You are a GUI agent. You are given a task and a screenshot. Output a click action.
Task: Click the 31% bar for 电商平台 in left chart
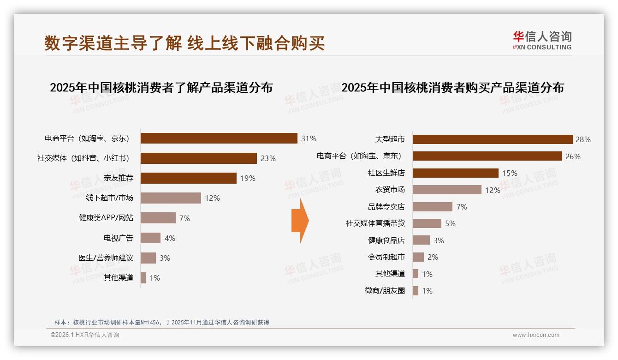tap(219, 138)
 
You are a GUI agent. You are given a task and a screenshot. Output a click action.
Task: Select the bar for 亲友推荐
tap(188, 178)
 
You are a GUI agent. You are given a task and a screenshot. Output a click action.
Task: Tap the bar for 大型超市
tap(493, 139)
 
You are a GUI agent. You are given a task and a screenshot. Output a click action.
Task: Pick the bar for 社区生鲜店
tap(455, 173)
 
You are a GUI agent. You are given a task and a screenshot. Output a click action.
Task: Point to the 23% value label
tap(268, 158)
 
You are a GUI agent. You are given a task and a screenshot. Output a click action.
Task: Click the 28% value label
tap(583, 139)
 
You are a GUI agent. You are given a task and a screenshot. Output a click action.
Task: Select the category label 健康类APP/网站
tap(106, 218)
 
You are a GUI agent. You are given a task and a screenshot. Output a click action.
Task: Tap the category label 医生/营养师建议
tap(106, 258)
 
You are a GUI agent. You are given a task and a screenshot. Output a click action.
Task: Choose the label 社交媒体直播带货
tap(375, 223)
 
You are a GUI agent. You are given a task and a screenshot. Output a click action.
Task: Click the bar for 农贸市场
tap(446, 190)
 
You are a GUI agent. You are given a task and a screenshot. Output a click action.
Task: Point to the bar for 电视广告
tap(150, 238)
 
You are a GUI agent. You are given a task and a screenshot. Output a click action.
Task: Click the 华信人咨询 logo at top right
tap(542, 41)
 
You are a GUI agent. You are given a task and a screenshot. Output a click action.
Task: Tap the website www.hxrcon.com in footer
tap(536, 335)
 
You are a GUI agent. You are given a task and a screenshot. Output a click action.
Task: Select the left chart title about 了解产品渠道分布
tap(161, 87)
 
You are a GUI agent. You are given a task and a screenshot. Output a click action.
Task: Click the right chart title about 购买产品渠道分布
tap(452, 87)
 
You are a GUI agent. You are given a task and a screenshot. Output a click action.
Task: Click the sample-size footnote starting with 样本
tap(161, 323)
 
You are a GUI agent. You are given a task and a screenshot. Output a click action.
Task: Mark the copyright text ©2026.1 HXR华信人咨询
tap(85, 335)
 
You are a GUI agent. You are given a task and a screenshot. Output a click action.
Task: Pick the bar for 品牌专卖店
tap(432, 207)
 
